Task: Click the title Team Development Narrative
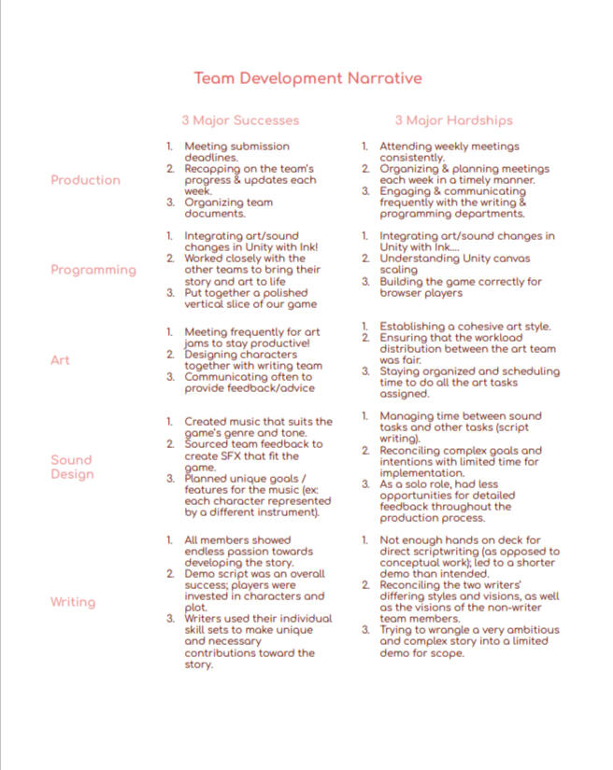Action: (x=307, y=78)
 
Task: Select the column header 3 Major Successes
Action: (x=240, y=120)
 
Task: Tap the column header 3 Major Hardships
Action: (x=453, y=120)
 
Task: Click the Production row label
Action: (x=85, y=180)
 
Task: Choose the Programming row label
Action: (x=93, y=270)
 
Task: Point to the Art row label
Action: (x=60, y=360)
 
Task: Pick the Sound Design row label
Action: (x=72, y=467)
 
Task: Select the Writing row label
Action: (x=73, y=602)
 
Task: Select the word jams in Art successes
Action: (x=198, y=343)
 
